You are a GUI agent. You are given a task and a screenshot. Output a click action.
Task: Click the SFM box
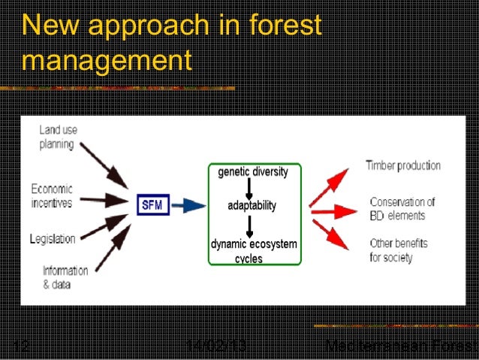point(153,204)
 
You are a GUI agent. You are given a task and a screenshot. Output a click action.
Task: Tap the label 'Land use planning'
point(56,137)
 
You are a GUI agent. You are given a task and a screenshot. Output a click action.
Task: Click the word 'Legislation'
point(53,239)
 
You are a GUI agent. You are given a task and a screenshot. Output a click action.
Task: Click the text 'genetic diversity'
point(252,172)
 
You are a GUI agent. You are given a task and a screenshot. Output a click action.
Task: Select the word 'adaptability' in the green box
point(252,205)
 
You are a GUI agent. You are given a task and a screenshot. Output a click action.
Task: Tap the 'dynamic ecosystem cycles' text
point(253,250)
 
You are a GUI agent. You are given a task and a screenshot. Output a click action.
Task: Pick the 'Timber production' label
point(402,166)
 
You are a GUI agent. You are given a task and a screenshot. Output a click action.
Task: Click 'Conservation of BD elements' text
point(402,208)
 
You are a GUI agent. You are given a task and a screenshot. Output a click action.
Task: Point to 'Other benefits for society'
point(398,250)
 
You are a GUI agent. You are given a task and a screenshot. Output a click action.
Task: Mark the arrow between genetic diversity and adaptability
point(249,189)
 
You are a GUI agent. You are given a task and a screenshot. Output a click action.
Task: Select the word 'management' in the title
point(107,59)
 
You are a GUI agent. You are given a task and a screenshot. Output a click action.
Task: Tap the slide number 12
point(20,346)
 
